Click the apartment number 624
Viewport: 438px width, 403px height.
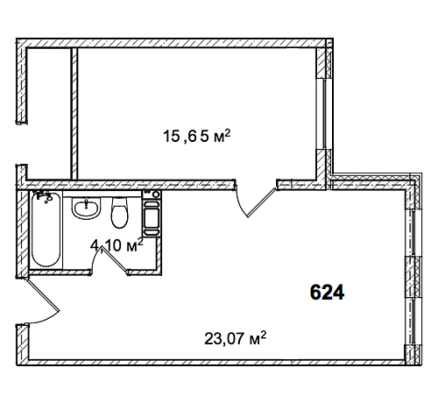pyautogui.click(x=327, y=293)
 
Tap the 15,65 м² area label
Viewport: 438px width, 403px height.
pyautogui.click(x=197, y=136)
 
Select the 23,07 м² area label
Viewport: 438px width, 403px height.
pyautogui.click(x=236, y=338)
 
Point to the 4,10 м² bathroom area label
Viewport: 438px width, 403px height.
pyautogui.click(x=117, y=246)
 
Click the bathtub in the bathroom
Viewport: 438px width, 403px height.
pyautogui.click(x=46, y=230)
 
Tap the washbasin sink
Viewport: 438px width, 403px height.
pyautogui.click(x=86, y=208)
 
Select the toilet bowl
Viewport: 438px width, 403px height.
pyautogui.click(x=120, y=212)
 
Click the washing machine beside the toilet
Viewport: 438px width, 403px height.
pyautogui.click(x=152, y=214)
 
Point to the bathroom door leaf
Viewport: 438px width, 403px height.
pyautogui.click(x=115, y=260)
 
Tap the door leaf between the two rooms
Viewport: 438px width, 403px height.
pyautogui.click(x=261, y=202)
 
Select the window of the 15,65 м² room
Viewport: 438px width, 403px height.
pyautogui.click(x=324, y=114)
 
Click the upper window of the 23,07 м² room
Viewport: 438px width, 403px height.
pyautogui.click(x=413, y=232)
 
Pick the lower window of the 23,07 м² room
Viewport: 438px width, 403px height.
pyautogui.click(x=413, y=322)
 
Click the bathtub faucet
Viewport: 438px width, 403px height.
pyautogui.click(x=44, y=196)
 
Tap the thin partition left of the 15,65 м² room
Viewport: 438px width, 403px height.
pyautogui.click(x=74, y=113)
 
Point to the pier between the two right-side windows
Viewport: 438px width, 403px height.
pyautogui.click(x=414, y=277)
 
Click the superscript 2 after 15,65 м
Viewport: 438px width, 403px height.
pyautogui.click(x=229, y=132)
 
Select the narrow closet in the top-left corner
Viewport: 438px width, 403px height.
pyautogui.click(x=49, y=113)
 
